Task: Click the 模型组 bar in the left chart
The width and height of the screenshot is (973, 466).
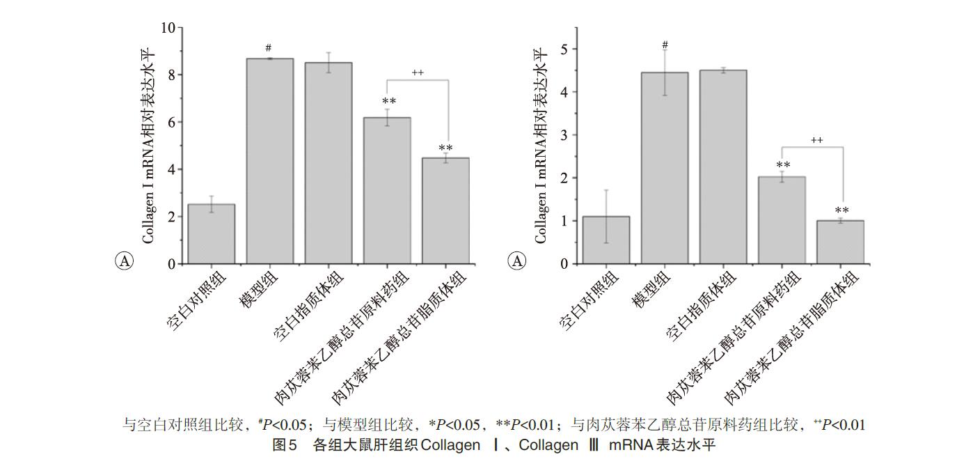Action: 269,161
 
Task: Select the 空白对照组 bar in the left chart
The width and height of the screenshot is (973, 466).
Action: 211,234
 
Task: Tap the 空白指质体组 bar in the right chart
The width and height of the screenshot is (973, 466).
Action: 722,167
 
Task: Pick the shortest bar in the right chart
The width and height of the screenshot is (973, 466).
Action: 840,242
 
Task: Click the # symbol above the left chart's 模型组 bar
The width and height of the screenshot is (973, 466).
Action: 269,48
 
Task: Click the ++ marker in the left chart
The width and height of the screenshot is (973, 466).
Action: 418,72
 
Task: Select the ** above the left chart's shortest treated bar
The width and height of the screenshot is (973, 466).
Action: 445,148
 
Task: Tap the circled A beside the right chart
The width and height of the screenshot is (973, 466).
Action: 516,261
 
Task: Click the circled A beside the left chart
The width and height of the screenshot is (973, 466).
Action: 124,261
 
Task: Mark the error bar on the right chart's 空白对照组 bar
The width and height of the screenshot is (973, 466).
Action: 607,216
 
